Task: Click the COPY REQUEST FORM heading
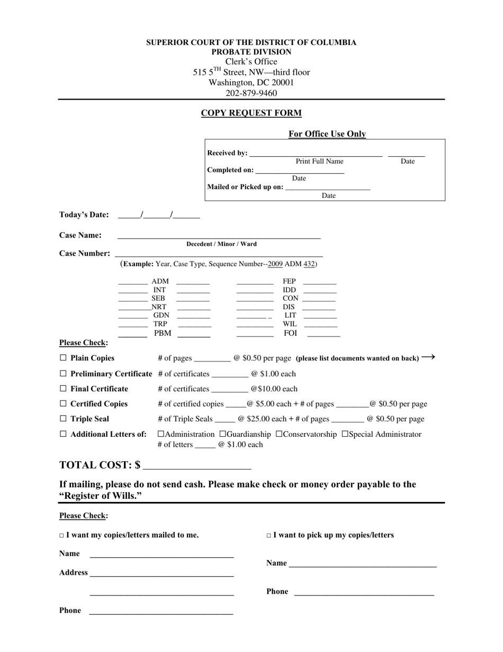(x=251, y=113)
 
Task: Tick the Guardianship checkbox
(x=222, y=434)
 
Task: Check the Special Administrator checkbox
(x=345, y=434)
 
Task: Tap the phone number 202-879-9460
(x=251, y=93)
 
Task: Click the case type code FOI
(x=290, y=333)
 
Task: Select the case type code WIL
(x=290, y=324)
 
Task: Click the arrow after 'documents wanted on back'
(x=428, y=357)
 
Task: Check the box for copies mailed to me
(x=61, y=536)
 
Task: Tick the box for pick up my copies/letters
(x=268, y=536)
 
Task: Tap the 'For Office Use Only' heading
(x=327, y=134)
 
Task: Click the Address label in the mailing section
(x=74, y=572)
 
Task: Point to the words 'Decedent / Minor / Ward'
(x=221, y=244)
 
